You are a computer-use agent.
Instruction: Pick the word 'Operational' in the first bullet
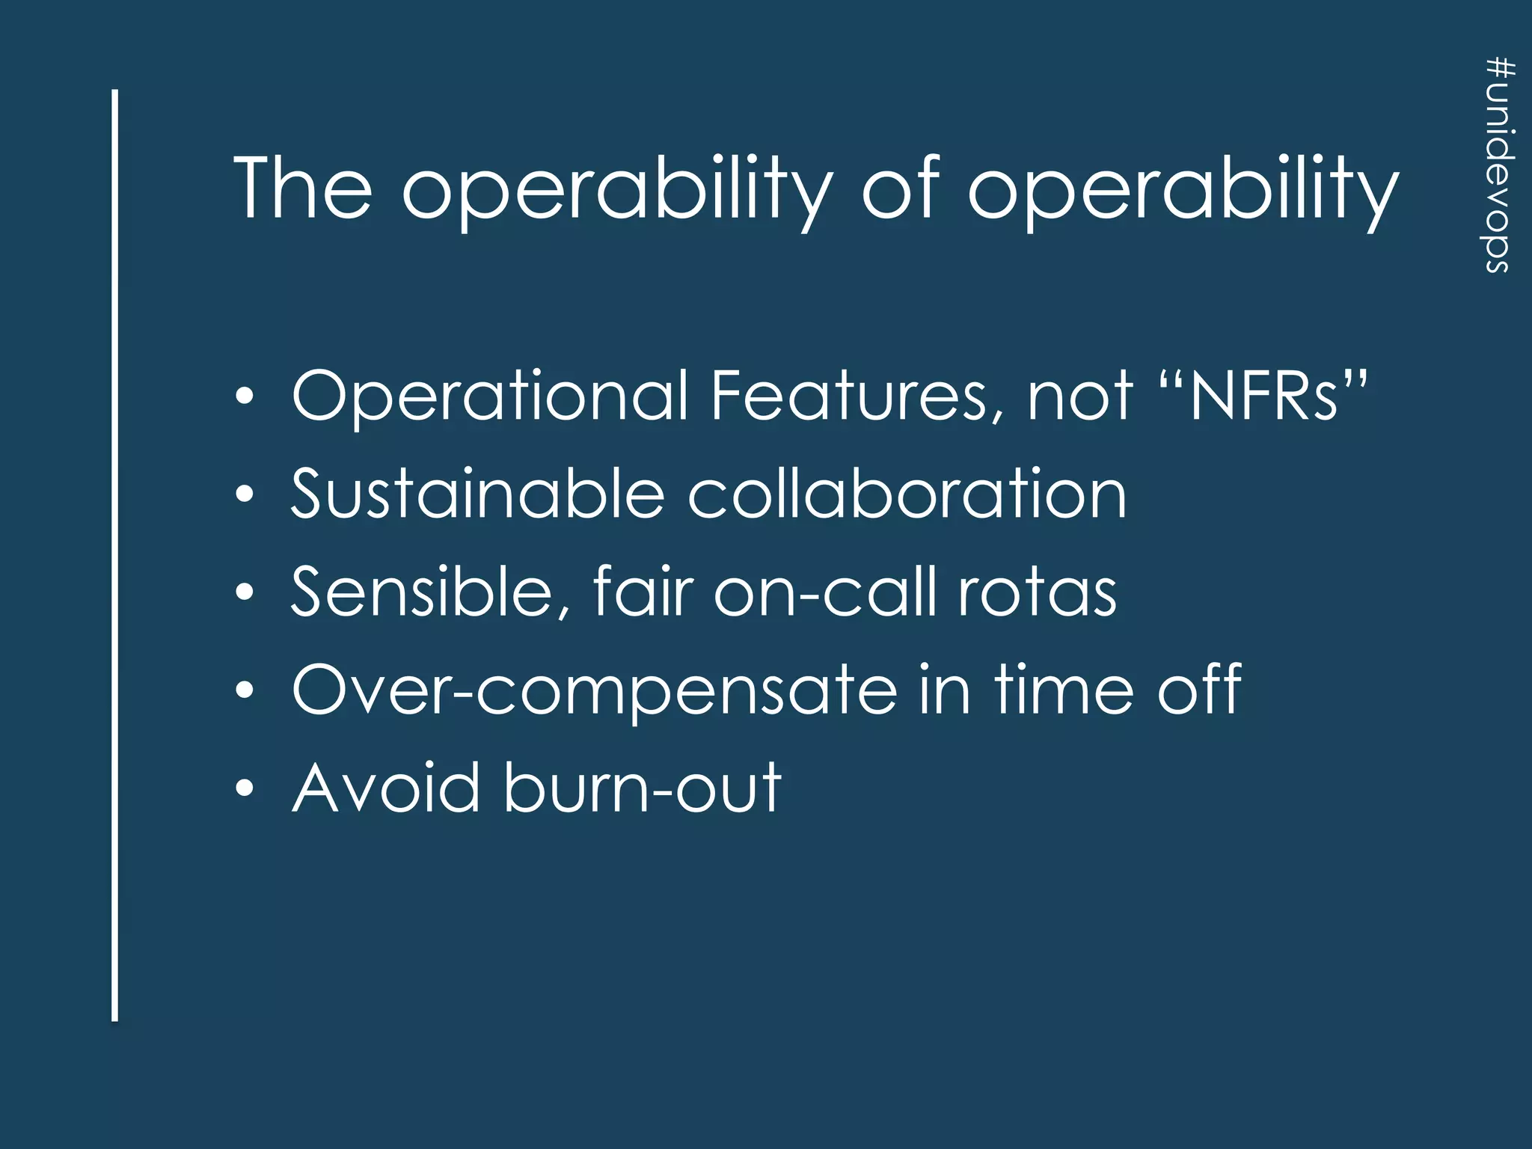click(x=490, y=396)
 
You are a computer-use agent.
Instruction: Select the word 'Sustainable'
click(x=477, y=494)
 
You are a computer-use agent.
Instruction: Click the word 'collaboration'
click(x=907, y=494)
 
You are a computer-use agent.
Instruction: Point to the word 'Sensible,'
click(x=432, y=592)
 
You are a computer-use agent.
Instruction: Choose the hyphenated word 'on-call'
click(x=825, y=592)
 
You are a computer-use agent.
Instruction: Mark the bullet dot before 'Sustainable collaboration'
click(x=245, y=494)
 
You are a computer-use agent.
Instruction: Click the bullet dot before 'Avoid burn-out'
click(x=245, y=788)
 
